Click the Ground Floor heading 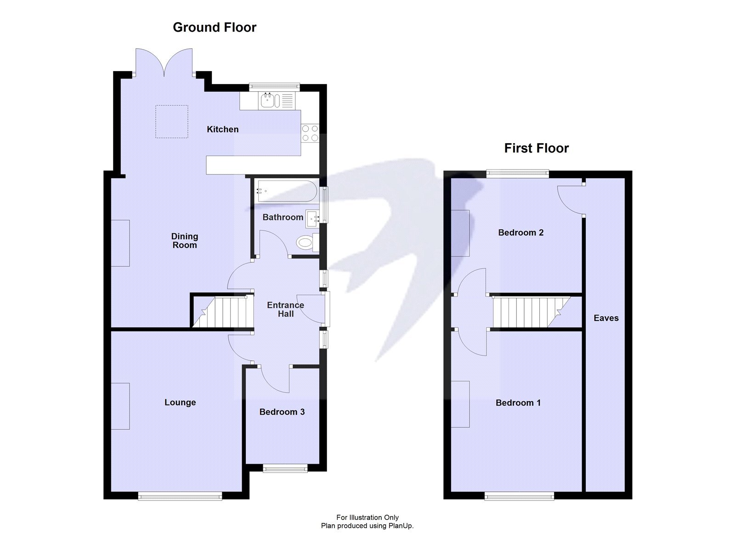[x=215, y=28]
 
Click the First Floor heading [x=536, y=148]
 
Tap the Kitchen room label [x=222, y=129]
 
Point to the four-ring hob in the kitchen [x=310, y=133]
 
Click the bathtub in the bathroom [x=286, y=191]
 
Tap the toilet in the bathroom [x=305, y=242]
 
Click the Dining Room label [x=184, y=241]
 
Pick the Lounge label [x=180, y=403]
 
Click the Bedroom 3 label [x=282, y=412]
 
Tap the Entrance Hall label [x=285, y=309]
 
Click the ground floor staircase [x=223, y=312]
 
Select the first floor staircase [x=528, y=312]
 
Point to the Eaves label [x=606, y=318]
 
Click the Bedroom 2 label [x=520, y=233]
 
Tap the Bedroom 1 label [x=518, y=403]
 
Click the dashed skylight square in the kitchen [x=171, y=122]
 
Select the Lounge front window [x=180, y=495]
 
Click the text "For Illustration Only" [x=367, y=517]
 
